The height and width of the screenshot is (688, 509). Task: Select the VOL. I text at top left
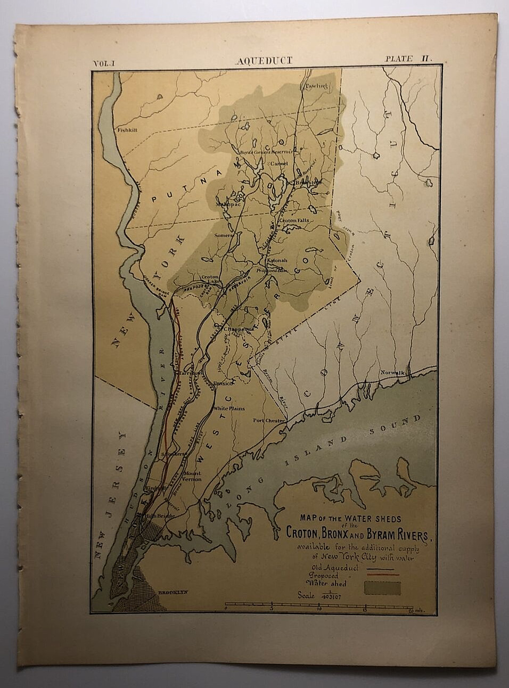107,63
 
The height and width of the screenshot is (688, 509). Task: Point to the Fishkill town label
128,129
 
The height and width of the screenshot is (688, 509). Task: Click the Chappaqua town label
237,330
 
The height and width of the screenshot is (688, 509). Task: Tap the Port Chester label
269,421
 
